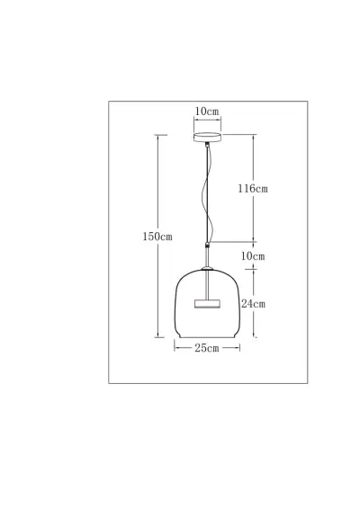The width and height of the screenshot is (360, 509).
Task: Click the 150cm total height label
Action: click(157, 237)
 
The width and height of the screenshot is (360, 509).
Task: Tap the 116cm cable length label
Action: click(254, 189)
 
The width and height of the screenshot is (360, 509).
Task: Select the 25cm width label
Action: click(207, 349)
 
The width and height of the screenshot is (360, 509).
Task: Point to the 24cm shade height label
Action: click(254, 303)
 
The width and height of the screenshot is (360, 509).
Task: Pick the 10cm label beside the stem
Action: click(254, 256)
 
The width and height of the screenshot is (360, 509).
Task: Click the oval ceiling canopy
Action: click(207, 138)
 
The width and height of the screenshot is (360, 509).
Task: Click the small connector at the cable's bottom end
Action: click(208, 244)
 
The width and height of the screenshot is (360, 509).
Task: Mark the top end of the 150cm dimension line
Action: click(157, 136)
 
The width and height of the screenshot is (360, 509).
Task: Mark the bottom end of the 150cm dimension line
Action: click(157, 343)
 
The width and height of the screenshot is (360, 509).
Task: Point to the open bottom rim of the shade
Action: click(207, 342)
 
